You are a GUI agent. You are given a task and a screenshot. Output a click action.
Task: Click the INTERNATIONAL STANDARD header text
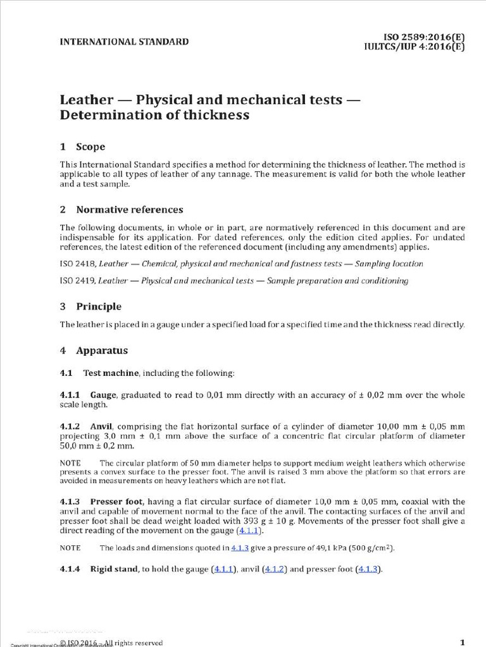point(124,42)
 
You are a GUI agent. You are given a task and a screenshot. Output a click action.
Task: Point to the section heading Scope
point(90,147)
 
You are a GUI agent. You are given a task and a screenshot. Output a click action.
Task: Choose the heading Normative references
point(130,209)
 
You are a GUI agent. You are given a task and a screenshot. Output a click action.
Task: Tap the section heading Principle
point(99,306)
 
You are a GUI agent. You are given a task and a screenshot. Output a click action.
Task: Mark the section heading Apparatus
point(102,350)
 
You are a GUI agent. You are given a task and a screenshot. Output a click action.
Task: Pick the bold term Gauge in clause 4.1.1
point(103,395)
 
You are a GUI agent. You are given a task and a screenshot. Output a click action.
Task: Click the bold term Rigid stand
point(114,569)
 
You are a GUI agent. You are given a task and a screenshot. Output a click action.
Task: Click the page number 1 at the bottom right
point(463,642)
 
